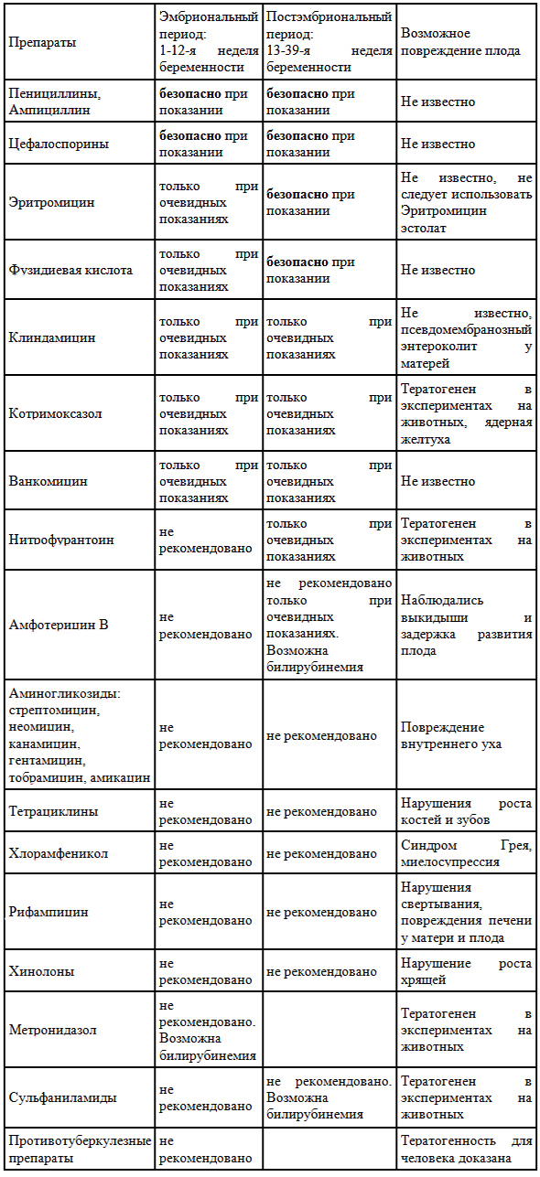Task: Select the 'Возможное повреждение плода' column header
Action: click(460, 43)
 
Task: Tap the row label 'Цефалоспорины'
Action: click(58, 144)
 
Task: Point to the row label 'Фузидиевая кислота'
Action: click(70, 270)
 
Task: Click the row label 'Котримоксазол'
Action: click(55, 413)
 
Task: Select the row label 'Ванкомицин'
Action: click(48, 481)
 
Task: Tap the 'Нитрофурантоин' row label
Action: click(60, 540)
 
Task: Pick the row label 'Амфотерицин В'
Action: click(58, 626)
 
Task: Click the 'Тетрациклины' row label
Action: click(53, 811)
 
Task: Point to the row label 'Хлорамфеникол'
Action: click(58, 853)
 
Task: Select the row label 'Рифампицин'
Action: click(49, 912)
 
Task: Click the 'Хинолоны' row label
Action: click(41, 971)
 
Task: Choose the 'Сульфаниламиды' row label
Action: click(59, 1097)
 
